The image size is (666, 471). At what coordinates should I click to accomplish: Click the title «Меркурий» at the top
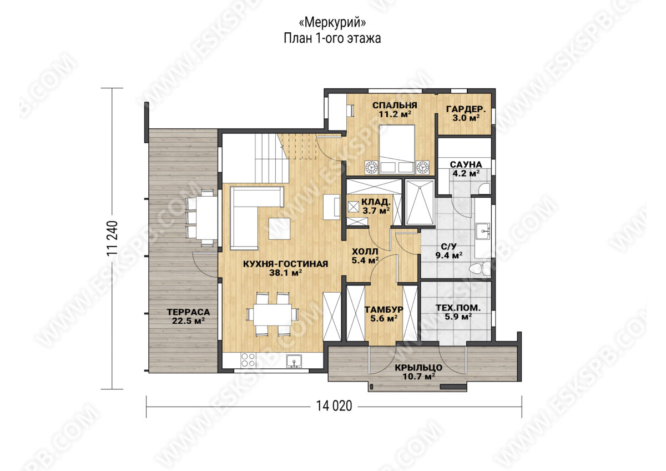[332, 23]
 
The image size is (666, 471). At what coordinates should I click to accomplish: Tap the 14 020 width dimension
[334, 406]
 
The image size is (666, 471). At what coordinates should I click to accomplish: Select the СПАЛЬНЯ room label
[395, 106]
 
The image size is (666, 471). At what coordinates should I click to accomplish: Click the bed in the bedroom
[397, 149]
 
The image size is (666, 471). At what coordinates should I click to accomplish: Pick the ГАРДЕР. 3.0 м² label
[466, 113]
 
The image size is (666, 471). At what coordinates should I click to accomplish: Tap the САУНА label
[466, 164]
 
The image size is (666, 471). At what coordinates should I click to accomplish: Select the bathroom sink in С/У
[482, 231]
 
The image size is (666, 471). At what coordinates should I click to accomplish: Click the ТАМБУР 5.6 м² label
[384, 314]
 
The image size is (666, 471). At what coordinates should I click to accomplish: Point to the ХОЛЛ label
[365, 252]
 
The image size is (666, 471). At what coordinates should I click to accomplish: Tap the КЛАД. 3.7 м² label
[376, 206]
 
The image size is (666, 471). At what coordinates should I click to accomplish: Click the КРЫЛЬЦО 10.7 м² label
[418, 372]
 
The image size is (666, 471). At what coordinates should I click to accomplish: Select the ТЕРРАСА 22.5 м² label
[188, 316]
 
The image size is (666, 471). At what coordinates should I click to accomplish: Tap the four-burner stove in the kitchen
[248, 360]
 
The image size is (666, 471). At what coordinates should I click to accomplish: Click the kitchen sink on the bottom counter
[294, 361]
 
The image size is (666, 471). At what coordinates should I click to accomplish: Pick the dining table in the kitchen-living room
[273, 315]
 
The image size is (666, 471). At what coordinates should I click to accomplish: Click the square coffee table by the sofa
[280, 228]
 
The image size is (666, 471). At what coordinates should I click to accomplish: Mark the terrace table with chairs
[203, 218]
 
